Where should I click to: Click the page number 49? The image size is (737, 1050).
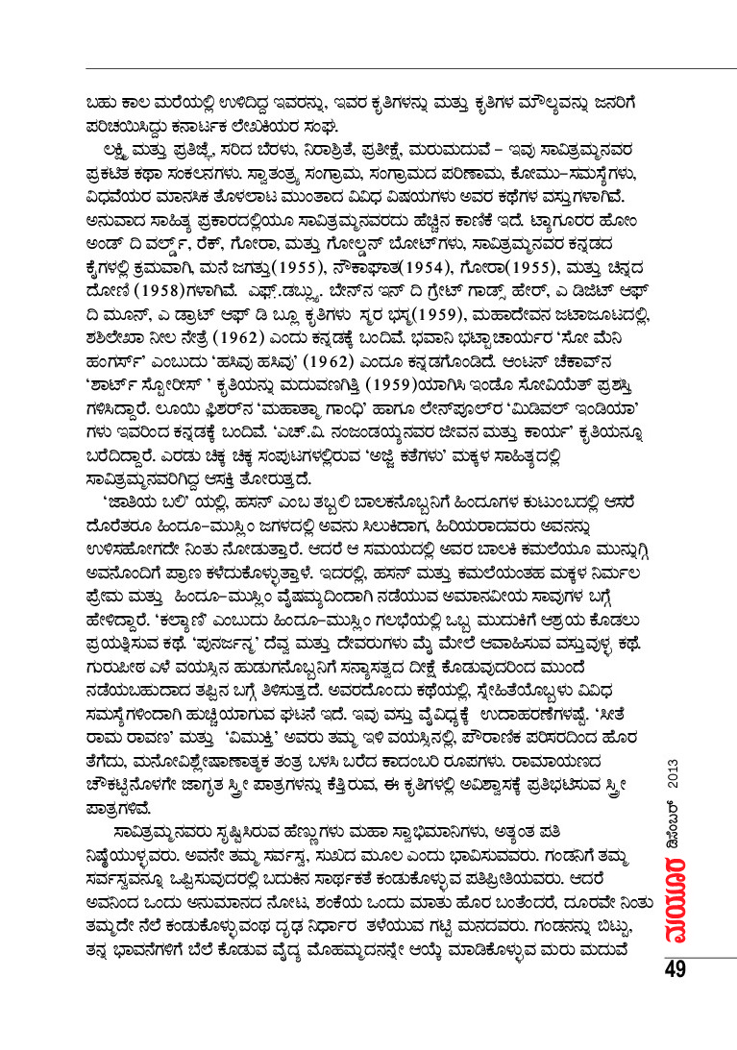(x=674, y=969)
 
